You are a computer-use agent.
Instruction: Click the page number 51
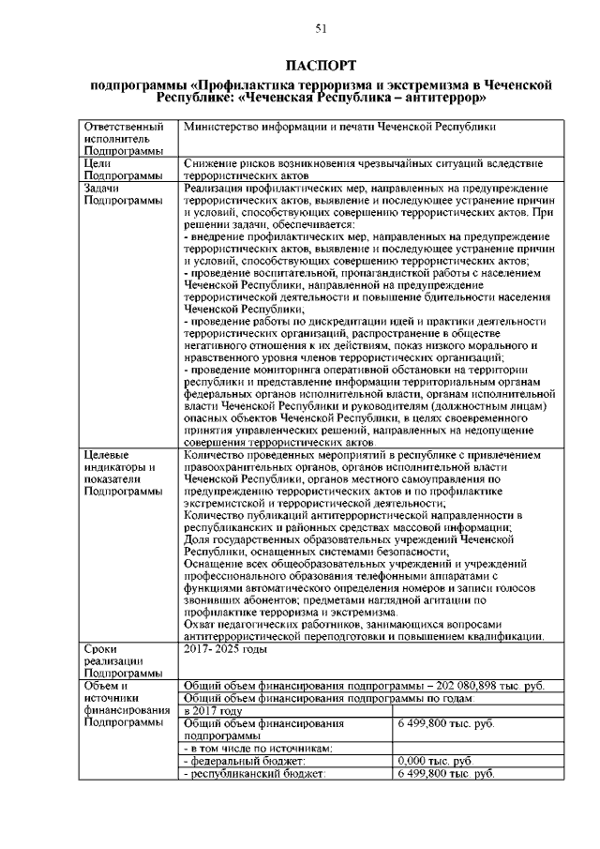click(x=321, y=29)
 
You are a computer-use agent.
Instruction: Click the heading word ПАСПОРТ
click(x=321, y=66)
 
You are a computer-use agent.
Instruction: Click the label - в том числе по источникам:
click(x=260, y=749)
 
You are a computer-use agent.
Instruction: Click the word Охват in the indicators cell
click(x=202, y=624)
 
